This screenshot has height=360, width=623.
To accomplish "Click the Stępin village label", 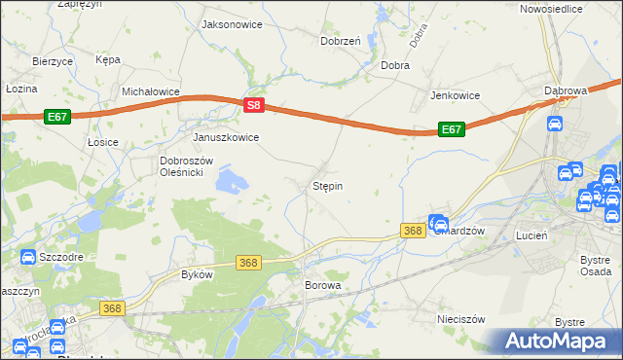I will (327, 185).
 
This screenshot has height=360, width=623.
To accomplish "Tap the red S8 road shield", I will (253, 105).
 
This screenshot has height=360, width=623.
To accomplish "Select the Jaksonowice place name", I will (231, 23).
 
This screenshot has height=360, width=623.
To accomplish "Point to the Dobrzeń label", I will (341, 41).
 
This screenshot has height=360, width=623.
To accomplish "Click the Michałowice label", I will (151, 90).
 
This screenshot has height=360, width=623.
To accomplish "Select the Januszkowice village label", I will (226, 137).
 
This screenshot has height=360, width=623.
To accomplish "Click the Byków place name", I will (197, 274).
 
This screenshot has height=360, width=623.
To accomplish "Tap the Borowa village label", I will (323, 286).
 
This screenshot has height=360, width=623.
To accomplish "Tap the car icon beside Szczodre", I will (26, 257).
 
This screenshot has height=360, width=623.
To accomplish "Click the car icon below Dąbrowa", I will (554, 125).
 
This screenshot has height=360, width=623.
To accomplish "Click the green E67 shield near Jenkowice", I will (450, 128).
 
